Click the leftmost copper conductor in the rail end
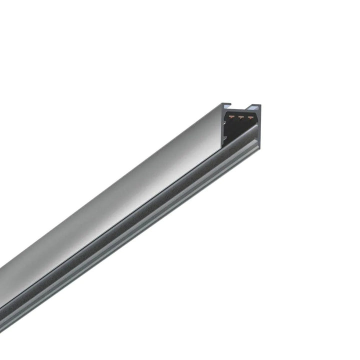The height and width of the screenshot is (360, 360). pyautogui.click(x=231, y=117)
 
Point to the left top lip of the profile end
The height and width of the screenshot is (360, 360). pyautogui.click(x=226, y=105)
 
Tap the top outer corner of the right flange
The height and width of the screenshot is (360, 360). pyautogui.click(x=260, y=105)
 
